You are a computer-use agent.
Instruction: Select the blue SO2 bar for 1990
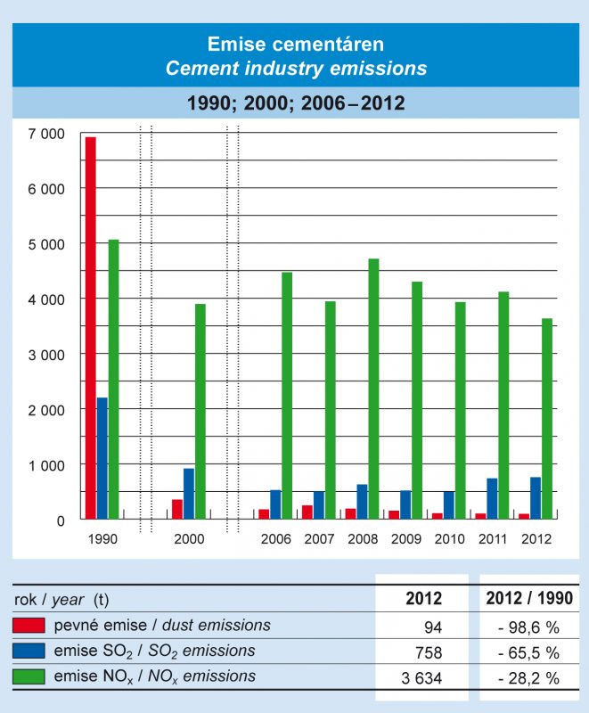click(102, 458)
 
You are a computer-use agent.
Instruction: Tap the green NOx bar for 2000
click(200, 411)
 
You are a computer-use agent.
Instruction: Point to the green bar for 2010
click(460, 410)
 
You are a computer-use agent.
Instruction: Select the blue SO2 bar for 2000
click(189, 494)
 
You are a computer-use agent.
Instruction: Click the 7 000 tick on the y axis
click(46, 134)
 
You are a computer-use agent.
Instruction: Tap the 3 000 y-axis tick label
click(46, 354)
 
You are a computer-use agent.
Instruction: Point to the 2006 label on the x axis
click(276, 539)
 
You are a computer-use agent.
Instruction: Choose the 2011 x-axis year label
click(494, 539)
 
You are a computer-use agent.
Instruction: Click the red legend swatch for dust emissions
click(29, 626)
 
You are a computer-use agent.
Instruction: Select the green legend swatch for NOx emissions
click(29, 677)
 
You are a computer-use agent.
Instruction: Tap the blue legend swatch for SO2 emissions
click(29, 652)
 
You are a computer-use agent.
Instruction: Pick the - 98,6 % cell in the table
click(528, 626)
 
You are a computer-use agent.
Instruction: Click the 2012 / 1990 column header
click(529, 599)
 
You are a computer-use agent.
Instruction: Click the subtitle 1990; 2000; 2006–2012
click(296, 103)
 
